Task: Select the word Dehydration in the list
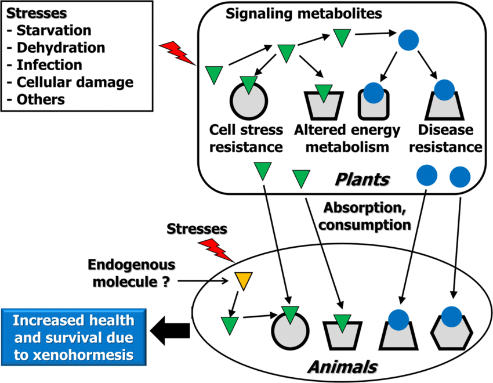pyautogui.click(x=60, y=48)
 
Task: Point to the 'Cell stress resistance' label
pyautogui.click(x=247, y=138)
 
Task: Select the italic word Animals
pyautogui.click(x=342, y=366)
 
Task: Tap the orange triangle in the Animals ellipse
pyautogui.click(x=242, y=280)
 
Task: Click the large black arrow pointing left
pyautogui.click(x=169, y=330)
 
